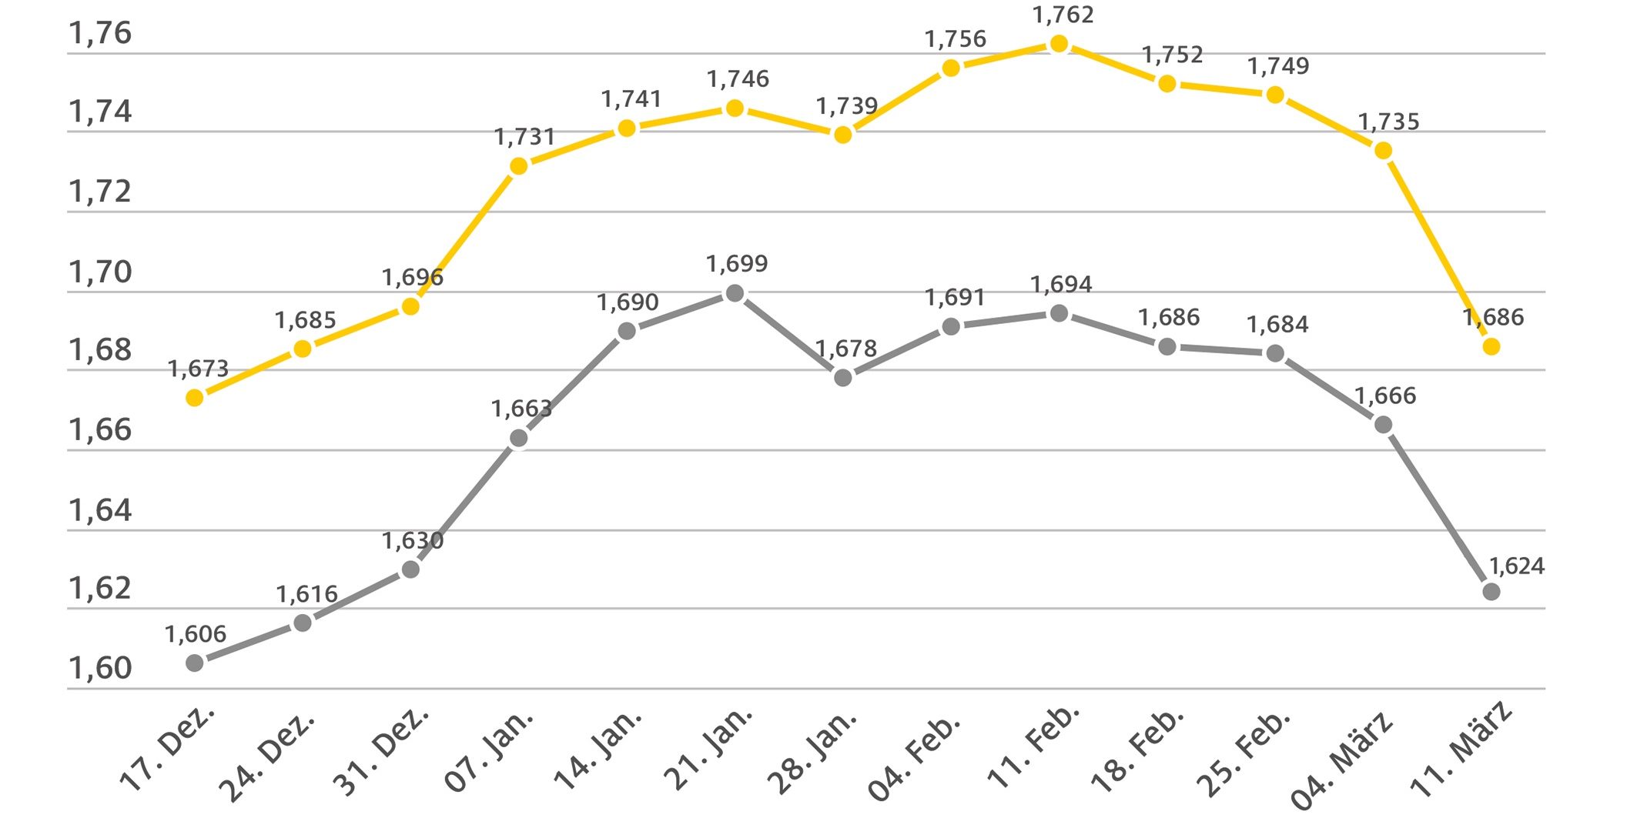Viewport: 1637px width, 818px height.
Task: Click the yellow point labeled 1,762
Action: (1059, 44)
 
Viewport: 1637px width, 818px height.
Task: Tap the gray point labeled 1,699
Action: (735, 293)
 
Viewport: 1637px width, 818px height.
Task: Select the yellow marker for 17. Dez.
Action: (195, 398)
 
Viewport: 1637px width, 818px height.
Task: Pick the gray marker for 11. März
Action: (1491, 592)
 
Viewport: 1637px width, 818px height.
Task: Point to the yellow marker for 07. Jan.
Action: (519, 166)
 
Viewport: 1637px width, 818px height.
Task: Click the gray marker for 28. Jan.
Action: (843, 378)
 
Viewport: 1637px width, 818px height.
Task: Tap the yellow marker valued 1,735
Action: (1383, 151)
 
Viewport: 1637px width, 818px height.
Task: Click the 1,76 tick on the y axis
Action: (100, 34)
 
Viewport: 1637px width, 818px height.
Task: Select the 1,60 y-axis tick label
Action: (100, 668)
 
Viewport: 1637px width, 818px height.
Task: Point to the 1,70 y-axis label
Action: (100, 272)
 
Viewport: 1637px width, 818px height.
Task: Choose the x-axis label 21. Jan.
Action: (708, 750)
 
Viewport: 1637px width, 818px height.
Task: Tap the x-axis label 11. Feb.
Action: (1033, 746)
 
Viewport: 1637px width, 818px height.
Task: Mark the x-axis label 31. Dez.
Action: (380, 751)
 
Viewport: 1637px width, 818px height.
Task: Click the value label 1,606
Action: (196, 635)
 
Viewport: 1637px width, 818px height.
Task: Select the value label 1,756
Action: (955, 39)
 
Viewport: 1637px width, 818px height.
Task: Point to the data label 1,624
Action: (1517, 566)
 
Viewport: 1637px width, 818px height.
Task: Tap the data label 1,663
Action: (522, 409)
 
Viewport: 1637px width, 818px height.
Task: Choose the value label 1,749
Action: (1278, 67)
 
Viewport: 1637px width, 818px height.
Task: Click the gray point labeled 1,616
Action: (303, 623)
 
